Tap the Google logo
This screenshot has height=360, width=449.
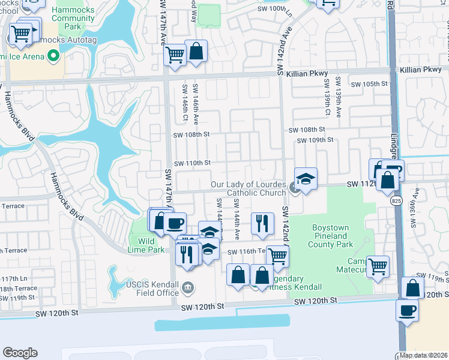(20, 353)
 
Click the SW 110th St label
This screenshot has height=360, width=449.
(192, 163)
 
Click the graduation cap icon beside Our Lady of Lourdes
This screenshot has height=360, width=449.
(306, 179)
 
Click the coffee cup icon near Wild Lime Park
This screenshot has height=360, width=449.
(175, 223)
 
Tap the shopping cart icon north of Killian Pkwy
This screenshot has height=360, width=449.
(175, 55)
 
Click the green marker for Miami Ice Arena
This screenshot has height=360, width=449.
(53, 56)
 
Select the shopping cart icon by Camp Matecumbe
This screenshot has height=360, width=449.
(378, 265)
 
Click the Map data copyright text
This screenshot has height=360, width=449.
(423, 355)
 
